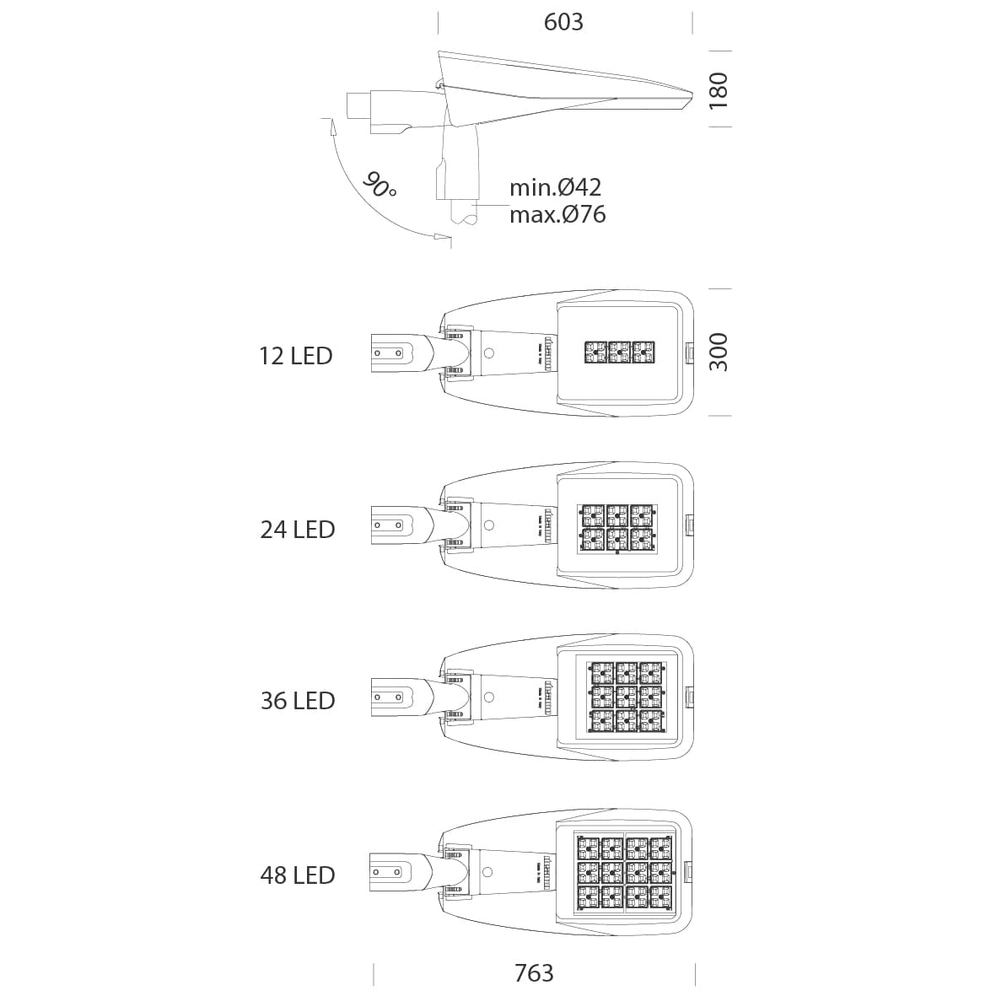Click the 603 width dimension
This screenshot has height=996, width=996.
click(563, 22)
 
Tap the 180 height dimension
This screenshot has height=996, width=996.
click(719, 90)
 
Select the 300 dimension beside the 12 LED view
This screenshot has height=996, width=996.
click(719, 352)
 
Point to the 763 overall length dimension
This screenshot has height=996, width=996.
click(534, 972)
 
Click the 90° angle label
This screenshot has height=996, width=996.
click(380, 185)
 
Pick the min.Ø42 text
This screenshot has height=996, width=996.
click(555, 186)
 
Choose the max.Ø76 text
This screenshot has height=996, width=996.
click(557, 215)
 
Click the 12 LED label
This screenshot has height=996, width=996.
click(296, 356)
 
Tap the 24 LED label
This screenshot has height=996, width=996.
click(297, 529)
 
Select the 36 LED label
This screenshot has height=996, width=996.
click(297, 701)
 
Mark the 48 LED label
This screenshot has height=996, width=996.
click(297, 875)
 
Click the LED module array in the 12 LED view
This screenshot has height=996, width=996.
click(619, 353)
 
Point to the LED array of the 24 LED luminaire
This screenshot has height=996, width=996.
click(617, 528)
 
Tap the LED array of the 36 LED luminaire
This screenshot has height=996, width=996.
click(627, 697)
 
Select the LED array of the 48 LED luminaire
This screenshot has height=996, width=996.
click(626, 874)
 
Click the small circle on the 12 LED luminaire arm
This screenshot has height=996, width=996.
click(489, 353)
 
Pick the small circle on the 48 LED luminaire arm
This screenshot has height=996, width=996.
click(487, 872)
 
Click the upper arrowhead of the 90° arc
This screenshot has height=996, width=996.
click(331, 126)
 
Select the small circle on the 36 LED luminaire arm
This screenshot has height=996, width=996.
click(489, 697)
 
